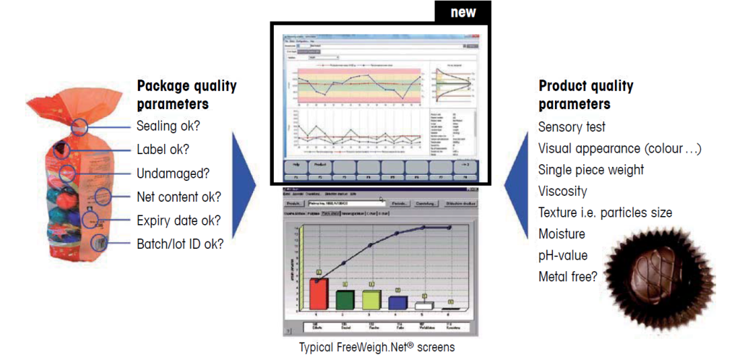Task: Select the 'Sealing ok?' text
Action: pos(168,126)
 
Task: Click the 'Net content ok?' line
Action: pos(178,197)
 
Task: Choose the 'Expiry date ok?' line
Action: pos(178,220)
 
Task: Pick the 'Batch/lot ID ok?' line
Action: pos(180,244)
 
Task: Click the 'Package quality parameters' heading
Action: pos(186,95)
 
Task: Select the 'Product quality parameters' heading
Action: pos(585,95)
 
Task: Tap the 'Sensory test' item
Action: pos(572,127)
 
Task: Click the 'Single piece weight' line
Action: pos(591,170)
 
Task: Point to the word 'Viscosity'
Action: pos(562,192)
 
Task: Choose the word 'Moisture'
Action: pos(562,234)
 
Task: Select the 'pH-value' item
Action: pos(562,255)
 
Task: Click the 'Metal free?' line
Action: pos(567,276)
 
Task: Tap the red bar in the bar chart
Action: pos(319,293)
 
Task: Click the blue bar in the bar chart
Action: pos(397,302)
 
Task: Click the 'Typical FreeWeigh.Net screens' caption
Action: pos(377,348)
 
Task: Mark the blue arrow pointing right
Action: pos(247,192)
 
